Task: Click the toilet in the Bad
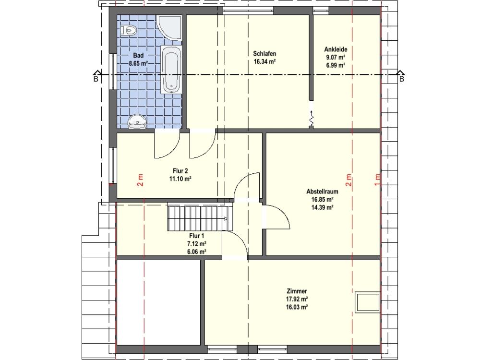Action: (x=129, y=30)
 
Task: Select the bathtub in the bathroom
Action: (x=171, y=70)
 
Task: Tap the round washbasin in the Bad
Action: (x=137, y=121)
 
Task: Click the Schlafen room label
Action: (x=264, y=54)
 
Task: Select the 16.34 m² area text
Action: (x=264, y=61)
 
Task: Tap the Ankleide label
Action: (x=336, y=49)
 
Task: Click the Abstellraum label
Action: (x=323, y=192)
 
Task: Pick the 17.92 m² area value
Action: (x=297, y=299)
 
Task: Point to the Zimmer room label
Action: (x=297, y=291)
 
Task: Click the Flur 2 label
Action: (x=180, y=171)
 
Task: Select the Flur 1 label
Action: (x=196, y=236)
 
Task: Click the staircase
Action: (x=200, y=218)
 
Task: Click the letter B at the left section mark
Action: (x=96, y=79)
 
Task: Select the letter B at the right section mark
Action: (x=402, y=79)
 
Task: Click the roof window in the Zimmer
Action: (x=367, y=303)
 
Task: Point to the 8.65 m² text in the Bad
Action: (x=138, y=64)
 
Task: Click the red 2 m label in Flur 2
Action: (x=140, y=180)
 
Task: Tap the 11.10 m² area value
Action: (x=180, y=179)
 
